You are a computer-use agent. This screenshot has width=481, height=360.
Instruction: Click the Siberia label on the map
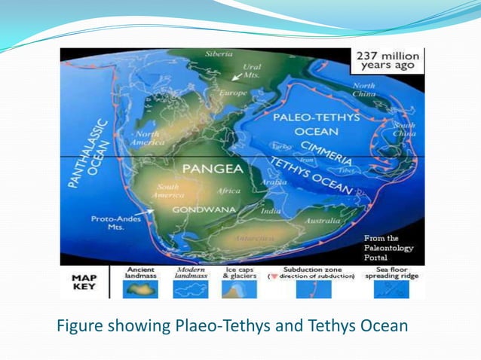[219, 55]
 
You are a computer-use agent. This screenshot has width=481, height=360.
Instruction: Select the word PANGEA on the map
[201, 170]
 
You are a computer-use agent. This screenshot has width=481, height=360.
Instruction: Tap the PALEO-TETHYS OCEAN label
[305, 124]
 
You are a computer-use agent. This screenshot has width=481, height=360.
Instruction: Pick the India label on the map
[270, 212]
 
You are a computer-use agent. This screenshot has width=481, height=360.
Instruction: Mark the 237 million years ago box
[387, 61]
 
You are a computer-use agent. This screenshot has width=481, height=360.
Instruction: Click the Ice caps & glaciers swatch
[240, 289]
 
